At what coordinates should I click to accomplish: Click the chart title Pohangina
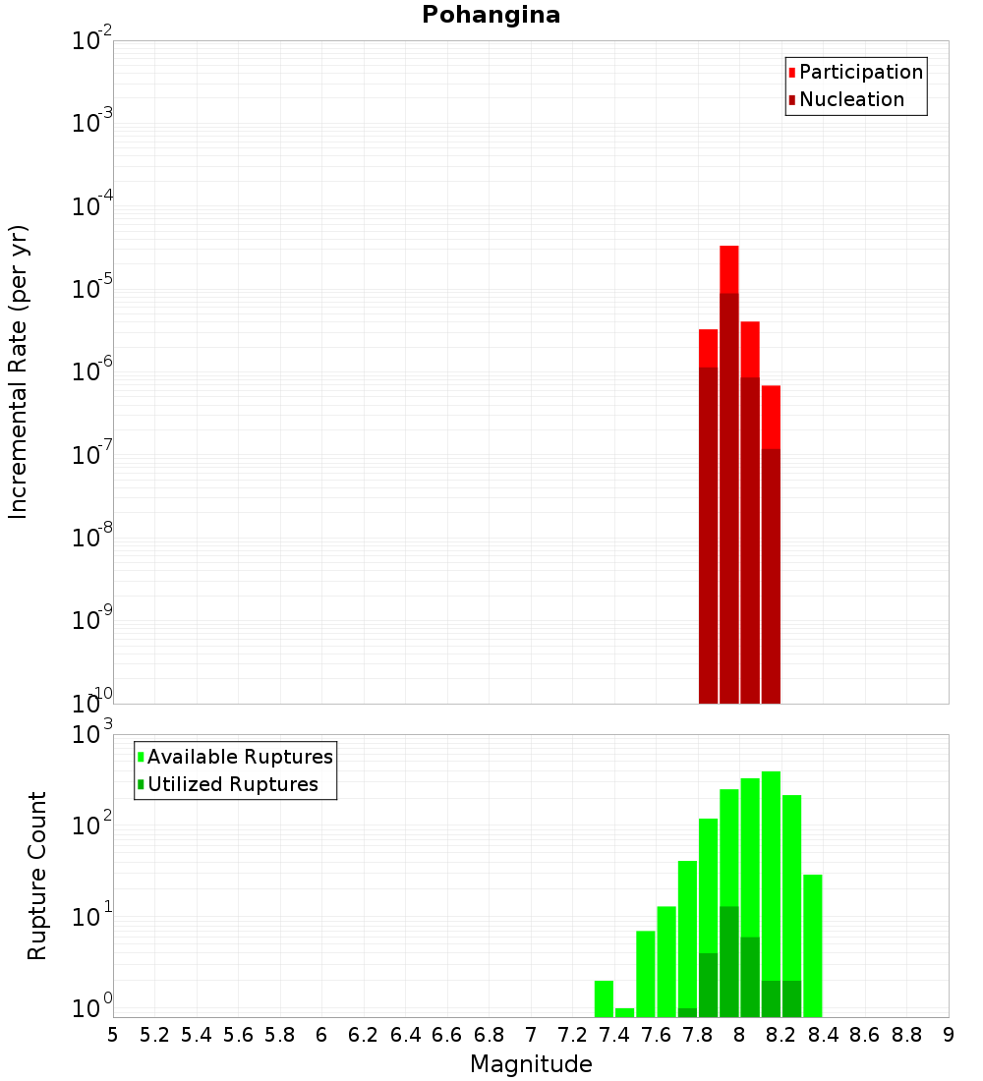491,15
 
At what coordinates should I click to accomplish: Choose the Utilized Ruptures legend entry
232,784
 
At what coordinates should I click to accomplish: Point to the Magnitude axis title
531,1064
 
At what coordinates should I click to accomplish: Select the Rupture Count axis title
37,876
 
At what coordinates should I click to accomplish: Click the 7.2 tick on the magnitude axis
572,1035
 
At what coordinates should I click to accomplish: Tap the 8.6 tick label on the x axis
865,1035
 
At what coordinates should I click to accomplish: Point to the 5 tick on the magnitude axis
113,1035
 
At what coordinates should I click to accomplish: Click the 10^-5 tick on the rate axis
92,289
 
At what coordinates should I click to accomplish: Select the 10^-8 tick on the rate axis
92,538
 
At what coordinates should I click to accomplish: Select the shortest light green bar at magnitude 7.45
624,1012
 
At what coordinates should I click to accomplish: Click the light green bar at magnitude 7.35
604,998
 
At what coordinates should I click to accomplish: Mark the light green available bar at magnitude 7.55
646,973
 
